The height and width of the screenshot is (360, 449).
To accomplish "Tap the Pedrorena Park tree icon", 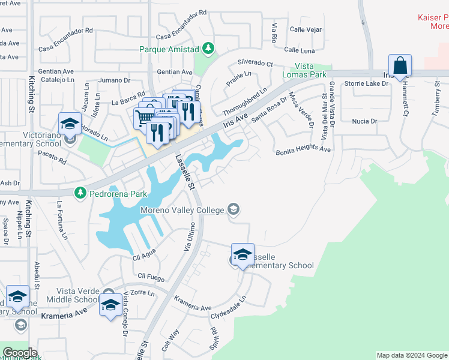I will click(x=80, y=193).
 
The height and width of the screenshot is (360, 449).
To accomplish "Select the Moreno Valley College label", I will click(x=182, y=210).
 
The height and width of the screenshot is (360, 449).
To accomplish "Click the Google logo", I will click(x=20, y=353).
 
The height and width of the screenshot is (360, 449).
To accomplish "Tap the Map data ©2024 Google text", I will click(x=411, y=355).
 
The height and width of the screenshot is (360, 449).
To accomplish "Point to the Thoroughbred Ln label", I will click(x=244, y=102).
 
